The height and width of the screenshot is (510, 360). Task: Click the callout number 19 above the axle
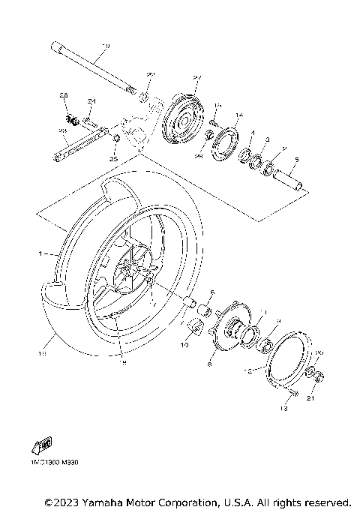pyautogui.click(x=104, y=46)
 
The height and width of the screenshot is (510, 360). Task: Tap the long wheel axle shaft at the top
pyautogui.click(x=94, y=69)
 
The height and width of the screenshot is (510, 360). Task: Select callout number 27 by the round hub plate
pyautogui.click(x=198, y=77)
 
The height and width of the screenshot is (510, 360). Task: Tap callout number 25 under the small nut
pyautogui.click(x=114, y=158)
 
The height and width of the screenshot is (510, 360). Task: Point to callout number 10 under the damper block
pyautogui.click(x=184, y=346)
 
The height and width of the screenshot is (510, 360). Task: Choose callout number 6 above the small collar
pyautogui.click(x=211, y=292)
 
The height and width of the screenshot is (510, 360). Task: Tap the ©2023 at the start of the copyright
pyautogui.click(x=63, y=501)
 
